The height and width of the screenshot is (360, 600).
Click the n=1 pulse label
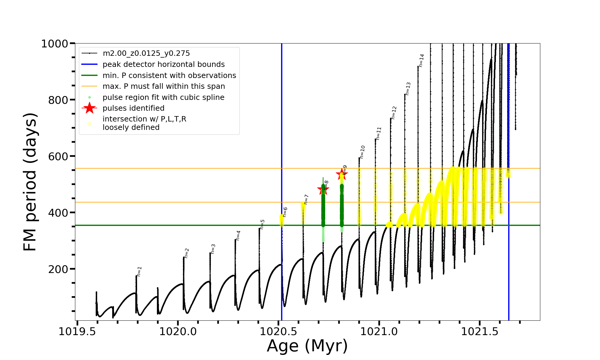pyautogui.click(x=139, y=271)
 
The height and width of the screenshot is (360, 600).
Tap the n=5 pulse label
pyautogui.click(x=262, y=224)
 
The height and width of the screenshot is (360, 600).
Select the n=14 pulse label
pyautogui.click(x=421, y=60)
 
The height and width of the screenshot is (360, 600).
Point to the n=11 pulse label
pyautogui.click(x=379, y=133)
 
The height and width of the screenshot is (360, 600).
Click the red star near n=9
pyautogui.click(x=341, y=174)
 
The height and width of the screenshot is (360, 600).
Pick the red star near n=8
pyautogui.click(x=323, y=189)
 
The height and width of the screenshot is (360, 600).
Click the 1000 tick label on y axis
pyautogui.click(x=55, y=44)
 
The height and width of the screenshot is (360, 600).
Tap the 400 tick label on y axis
pyautogui.click(x=58, y=213)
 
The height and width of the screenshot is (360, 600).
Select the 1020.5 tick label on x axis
pyautogui.click(x=278, y=332)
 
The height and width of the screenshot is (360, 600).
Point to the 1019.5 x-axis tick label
pyautogui.click(x=77, y=332)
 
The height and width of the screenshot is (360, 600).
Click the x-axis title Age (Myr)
pyautogui.click(x=307, y=346)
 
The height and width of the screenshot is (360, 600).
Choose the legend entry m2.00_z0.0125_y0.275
pyautogui.click(x=146, y=53)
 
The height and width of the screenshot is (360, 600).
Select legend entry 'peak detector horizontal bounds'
pyautogui.click(x=163, y=64)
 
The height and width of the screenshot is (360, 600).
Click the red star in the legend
pyautogui.click(x=89, y=108)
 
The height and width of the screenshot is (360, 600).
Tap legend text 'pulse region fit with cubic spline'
pyautogui.click(x=163, y=97)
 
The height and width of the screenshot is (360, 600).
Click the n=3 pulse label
pyautogui.click(x=213, y=249)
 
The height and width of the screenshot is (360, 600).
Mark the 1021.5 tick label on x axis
pyautogui.click(x=479, y=332)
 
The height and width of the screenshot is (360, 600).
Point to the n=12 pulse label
pyautogui.click(x=394, y=113)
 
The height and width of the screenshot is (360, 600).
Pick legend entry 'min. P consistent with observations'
pyautogui.click(x=169, y=76)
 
